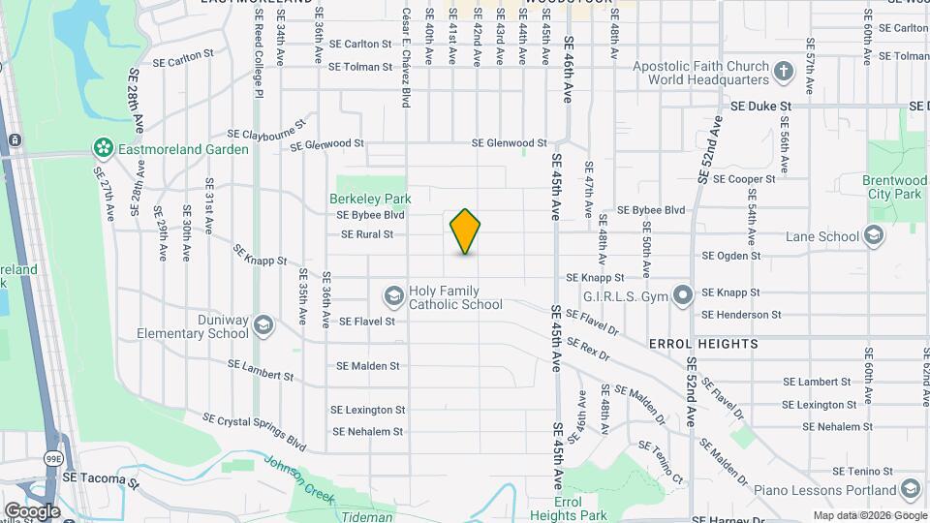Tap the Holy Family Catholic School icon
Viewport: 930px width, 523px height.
click(393, 294)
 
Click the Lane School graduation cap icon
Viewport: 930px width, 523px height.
click(873, 235)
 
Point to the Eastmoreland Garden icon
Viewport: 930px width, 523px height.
click(103, 148)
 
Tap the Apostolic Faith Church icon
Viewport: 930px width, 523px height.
click(783, 70)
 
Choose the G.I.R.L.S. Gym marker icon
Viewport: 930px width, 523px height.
click(683, 293)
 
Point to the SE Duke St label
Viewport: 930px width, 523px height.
click(761, 106)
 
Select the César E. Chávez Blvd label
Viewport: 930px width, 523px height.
click(406, 46)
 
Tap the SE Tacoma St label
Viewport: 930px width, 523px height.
click(101, 478)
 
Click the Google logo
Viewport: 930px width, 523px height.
click(31, 510)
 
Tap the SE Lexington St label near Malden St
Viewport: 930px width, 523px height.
click(367, 411)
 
